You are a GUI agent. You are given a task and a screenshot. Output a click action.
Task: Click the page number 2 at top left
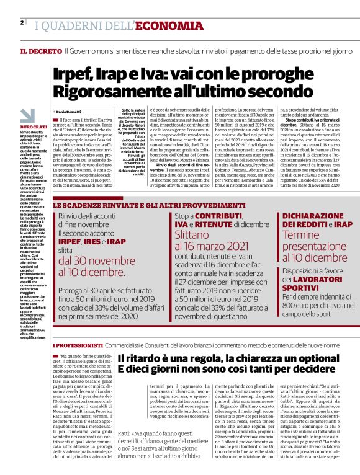click(x=22, y=22)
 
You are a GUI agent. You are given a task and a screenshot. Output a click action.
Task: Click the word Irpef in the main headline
click(x=74, y=73)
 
